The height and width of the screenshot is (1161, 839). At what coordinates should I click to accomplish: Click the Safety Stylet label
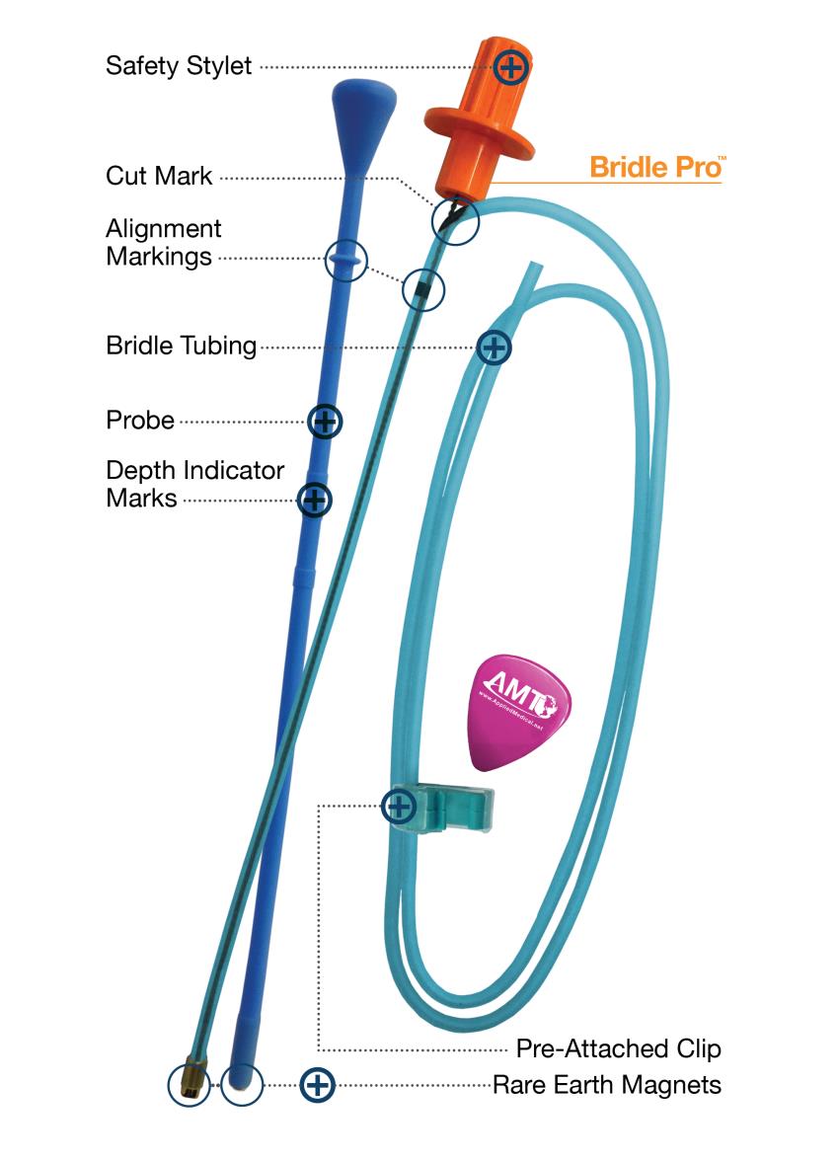coord(179,66)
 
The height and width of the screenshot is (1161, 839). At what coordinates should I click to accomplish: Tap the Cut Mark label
coord(159,177)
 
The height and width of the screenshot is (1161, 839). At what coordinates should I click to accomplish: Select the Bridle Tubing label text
coord(181,347)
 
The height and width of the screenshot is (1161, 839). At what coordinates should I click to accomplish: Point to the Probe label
coord(140,421)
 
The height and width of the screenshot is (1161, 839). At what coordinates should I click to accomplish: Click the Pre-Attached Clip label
coord(618,1048)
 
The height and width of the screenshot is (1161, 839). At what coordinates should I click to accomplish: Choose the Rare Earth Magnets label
coord(607,1086)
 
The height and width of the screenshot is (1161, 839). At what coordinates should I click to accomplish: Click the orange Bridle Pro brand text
coord(656,166)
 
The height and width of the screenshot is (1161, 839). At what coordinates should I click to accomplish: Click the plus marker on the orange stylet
coord(511,67)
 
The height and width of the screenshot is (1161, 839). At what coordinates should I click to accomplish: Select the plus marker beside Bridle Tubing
coord(494,347)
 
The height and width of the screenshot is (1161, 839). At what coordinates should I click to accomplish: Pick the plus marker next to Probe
coord(325,422)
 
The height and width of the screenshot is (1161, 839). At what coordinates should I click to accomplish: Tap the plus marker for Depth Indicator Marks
coord(314,500)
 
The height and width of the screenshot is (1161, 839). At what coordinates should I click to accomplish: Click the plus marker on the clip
coord(398,807)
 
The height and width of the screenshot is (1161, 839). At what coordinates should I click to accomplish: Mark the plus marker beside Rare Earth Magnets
coord(317,1086)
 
